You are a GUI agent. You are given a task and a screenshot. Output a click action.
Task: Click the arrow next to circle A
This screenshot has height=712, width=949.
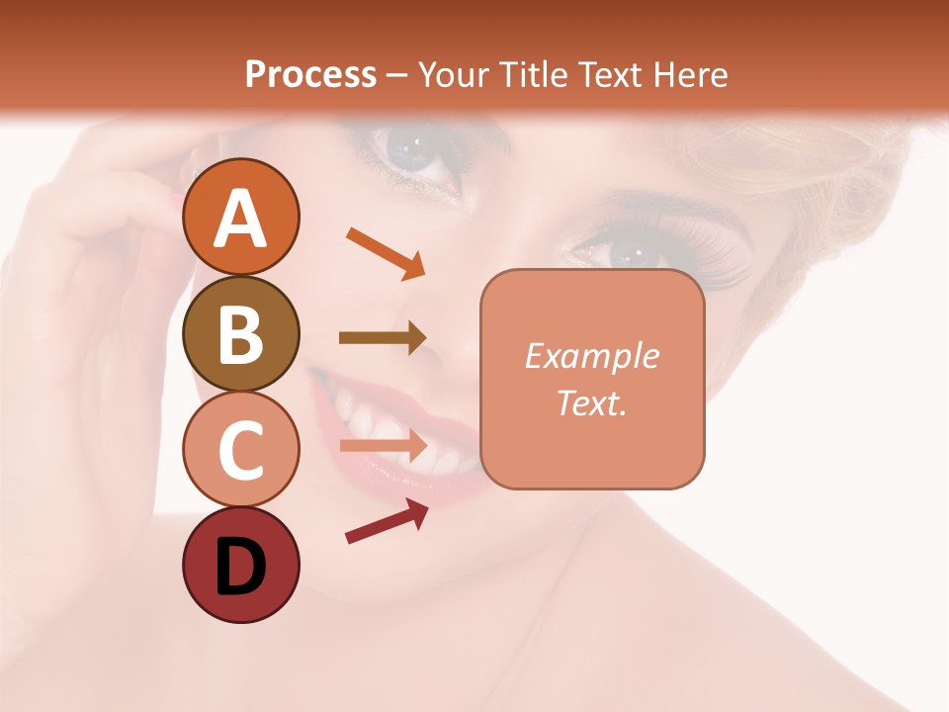[x=386, y=253]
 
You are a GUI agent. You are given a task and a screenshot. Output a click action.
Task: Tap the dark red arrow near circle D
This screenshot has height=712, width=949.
[x=387, y=521]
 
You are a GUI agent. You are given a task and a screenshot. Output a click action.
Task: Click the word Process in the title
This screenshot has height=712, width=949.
[x=310, y=74]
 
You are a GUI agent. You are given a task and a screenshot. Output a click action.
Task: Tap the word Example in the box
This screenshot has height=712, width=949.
[x=591, y=356]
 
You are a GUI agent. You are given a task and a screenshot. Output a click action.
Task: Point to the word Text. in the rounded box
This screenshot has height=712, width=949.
[x=591, y=402]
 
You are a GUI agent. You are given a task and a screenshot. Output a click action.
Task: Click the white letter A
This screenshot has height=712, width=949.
[x=240, y=218]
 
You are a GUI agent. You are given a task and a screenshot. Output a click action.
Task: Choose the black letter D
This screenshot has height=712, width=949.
[x=240, y=567]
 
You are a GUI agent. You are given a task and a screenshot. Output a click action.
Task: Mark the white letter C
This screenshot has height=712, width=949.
[x=240, y=451]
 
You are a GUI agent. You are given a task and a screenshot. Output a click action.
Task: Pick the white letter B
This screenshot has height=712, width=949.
[x=240, y=334]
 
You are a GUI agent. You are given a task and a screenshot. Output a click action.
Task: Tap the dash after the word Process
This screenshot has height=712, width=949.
[x=396, y=75]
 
